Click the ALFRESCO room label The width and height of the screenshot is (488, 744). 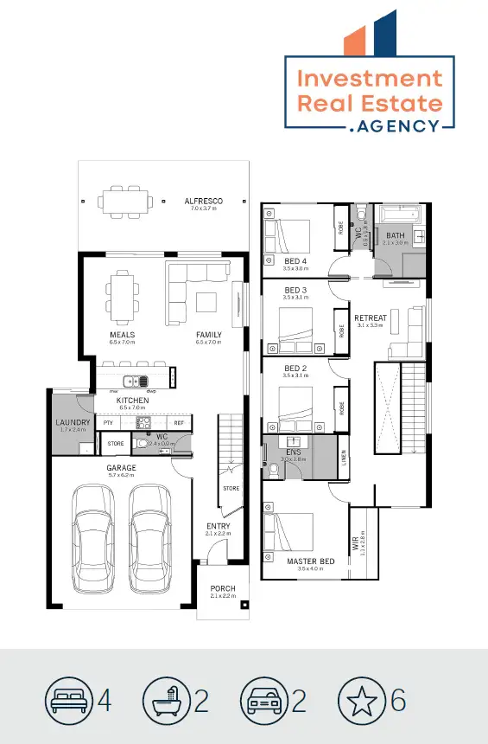[203, 201]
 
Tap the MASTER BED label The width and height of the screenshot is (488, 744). [310, 561]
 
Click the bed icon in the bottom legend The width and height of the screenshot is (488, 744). [68, 699]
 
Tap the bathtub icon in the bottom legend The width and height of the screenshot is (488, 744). [166, 699]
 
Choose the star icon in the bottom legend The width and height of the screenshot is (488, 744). [361, 699]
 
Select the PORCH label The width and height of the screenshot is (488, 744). [223, 589]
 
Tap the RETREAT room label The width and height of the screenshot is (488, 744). [371, 317]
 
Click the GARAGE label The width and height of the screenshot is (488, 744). [121, 468]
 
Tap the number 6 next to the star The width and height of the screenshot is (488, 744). [398, 699]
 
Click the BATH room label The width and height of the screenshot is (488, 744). [395, 235]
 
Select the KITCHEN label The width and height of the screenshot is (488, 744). [133, 401]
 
